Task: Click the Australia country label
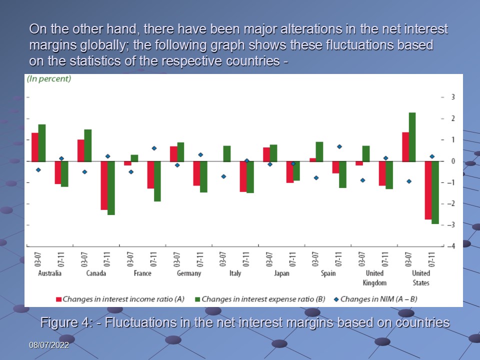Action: [x=50, y=273]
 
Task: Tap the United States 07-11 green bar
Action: [x=435, y=192]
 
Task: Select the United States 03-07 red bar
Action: [x=405, y=147]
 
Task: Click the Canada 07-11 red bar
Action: [x=104, y=185]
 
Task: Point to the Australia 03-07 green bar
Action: [x=42, y=143]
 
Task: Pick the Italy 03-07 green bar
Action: [x=227, y=154]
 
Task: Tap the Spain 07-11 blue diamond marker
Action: [x=339, y=146]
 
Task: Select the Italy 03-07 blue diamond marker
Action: [x=223, y=176]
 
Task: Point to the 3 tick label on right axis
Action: [x=452, y=97]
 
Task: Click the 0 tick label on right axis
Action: [x=452, y=161]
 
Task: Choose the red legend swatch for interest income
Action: [x=58, y=299]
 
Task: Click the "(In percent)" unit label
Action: [x=49, y=79]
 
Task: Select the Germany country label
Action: [x=189, y=273]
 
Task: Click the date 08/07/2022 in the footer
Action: [x=48, y=345]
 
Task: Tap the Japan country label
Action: [x=281, y=273]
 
